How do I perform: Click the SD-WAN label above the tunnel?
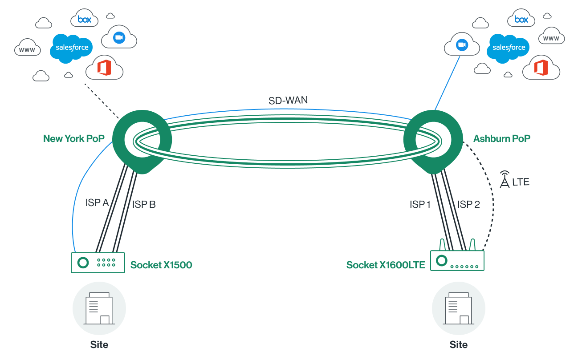(288, 100)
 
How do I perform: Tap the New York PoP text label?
(73, 138)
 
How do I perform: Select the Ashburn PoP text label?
(502, 138)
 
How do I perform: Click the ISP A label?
(97, 203)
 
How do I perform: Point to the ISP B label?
(144, 205)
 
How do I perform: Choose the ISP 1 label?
(420, 205)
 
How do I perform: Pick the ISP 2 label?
(469, 205)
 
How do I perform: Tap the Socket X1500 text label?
(161, 265)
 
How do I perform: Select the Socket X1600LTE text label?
(386, 265)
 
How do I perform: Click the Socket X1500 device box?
(98, 263)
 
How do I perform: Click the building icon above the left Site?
(99, 308)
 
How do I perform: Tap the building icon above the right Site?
(459, 308)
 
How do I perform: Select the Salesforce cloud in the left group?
(72, 48)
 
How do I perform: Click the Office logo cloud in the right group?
(541, 68)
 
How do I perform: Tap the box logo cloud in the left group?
(85, 19)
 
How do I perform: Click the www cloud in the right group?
(551, 38)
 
